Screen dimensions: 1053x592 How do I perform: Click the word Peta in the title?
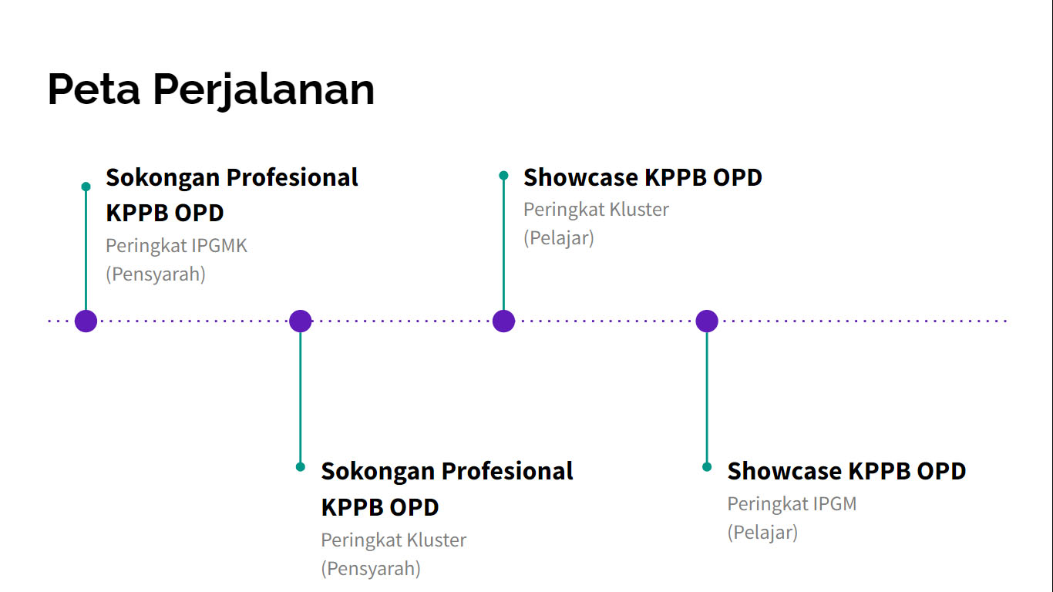point(93,89)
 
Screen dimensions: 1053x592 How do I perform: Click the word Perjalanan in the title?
point(264,91)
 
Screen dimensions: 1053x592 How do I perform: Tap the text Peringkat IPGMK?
point(177,246)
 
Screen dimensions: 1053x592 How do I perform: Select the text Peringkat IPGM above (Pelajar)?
point(792,504)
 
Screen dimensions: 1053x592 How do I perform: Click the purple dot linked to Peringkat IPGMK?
point(86,321)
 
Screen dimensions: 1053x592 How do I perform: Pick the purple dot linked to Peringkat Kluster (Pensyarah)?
point(301,321)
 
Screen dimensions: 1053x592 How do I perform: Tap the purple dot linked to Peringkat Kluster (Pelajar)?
point(503,321)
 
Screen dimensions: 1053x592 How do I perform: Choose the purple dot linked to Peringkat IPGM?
point(707,321)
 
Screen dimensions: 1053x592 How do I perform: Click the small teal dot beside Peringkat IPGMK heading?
point(86,187)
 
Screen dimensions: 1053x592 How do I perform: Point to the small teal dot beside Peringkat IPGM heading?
point(707,467)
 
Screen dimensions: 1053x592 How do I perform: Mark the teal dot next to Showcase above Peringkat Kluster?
point(503,176)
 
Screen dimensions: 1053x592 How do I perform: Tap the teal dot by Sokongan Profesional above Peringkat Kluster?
point(301,467)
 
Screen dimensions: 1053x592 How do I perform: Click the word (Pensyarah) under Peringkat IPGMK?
point(156,274)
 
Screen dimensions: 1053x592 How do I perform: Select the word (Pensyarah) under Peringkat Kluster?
point(371,568)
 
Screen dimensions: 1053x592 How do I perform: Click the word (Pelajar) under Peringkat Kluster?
point(559,238)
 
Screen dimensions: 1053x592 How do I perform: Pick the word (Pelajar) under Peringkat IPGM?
point(762,533)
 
